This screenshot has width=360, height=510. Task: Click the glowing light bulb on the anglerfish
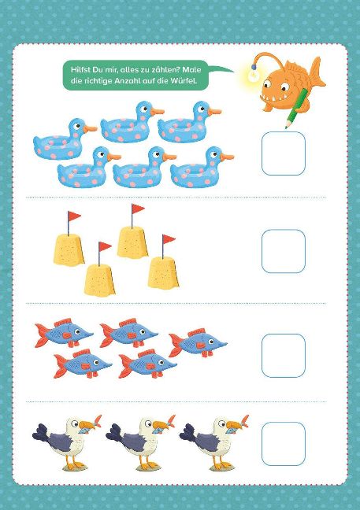pos(253,75)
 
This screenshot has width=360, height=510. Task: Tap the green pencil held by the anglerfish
pos(296,108)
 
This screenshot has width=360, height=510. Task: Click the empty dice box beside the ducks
pos(284,153)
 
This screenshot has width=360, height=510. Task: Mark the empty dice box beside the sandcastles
pos(284,251)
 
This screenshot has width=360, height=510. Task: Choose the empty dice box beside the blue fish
pos(284,356)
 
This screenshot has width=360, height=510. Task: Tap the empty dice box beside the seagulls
pos(284,444)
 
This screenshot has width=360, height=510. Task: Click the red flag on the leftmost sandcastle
pos(75,216)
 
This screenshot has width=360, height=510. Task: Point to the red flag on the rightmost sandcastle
pos(169,239)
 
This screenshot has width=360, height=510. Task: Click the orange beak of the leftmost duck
pos(90,129)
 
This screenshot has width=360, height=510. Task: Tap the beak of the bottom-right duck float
pos(227,157)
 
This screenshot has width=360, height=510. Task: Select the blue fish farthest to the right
pos(198,343)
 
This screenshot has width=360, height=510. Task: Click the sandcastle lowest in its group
pos(99,279)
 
